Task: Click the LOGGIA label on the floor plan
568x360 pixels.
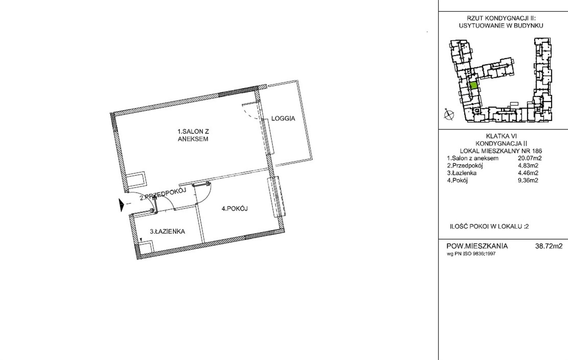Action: click(283, 118)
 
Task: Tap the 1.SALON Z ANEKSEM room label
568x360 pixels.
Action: click(193, 135)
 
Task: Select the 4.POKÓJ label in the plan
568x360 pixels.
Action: click(235, 209)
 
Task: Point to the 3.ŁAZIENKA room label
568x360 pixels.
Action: click(167, 231)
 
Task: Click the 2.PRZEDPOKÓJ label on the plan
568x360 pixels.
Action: click(163, 194)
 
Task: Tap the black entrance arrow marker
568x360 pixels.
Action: click(122, 205)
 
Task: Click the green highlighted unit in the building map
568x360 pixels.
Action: click(474, 85)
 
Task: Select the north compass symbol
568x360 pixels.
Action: click(449, 115)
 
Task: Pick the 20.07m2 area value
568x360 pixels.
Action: click(530, 158)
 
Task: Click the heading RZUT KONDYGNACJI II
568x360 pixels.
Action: click(501, 18)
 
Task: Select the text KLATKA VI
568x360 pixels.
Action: click(501, 136)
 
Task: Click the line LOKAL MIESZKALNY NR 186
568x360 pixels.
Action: click(501, 151)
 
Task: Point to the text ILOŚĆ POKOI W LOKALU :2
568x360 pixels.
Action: click(489, 227)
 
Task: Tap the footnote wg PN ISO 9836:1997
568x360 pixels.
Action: click(471, 253)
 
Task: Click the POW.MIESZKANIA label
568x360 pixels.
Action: click(477, 246)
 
